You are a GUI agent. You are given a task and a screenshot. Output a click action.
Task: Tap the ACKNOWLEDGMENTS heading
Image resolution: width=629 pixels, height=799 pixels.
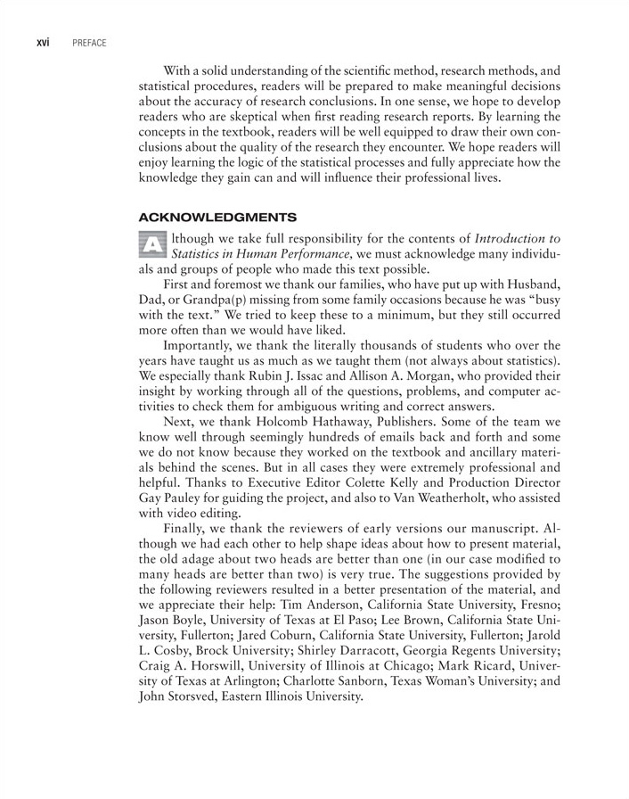click(x=217, y=217)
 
